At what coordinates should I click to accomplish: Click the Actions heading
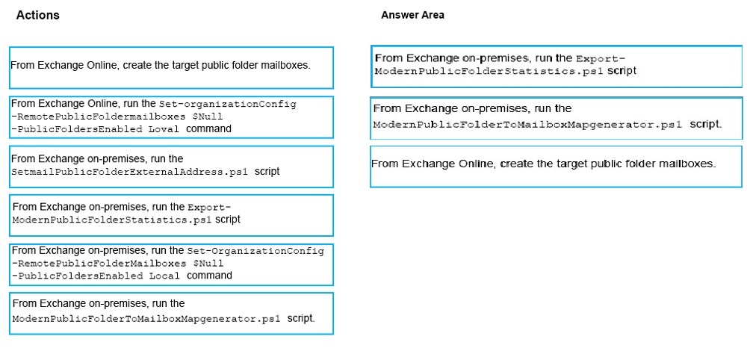click(37, 15)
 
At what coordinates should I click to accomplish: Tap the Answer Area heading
click(412, 15)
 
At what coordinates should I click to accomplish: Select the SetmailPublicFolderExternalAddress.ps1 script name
click(129, 173)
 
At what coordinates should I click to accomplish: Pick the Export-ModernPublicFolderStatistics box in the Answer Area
click(557, 66)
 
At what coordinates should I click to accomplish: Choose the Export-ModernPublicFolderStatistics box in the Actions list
click(171, 215)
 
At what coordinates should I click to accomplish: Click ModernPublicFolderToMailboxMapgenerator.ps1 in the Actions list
click(146, 319)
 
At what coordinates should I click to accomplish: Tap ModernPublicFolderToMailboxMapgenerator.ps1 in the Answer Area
click(528, 125)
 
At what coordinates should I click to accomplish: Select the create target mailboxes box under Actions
click(171, 68)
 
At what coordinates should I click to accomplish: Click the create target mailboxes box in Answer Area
click(557, 167)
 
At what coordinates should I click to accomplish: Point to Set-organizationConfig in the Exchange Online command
click(228, 105)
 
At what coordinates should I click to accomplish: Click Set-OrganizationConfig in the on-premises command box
click(255, 251)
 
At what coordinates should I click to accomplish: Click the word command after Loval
click(208, 128)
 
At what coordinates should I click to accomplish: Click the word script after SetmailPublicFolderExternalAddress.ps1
click(267, 172)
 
